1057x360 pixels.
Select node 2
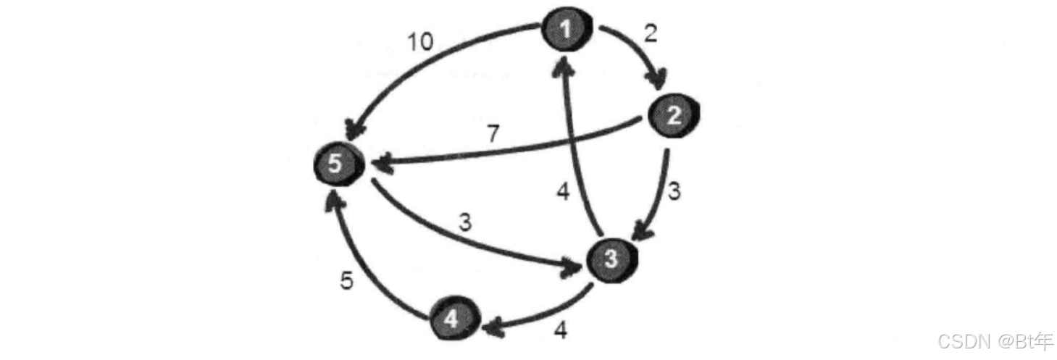click(674, 116)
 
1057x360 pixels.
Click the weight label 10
click(419, 42)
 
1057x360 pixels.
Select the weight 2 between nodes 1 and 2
click(651, 34)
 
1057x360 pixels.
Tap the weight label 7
click(493, 134)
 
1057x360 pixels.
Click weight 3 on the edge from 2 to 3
click(674, 191)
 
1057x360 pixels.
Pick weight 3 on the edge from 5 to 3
click(464, 223)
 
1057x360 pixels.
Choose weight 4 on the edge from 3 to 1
click(564, 193)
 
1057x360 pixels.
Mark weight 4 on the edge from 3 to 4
click(560, 330)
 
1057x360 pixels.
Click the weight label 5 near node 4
click(348, 281)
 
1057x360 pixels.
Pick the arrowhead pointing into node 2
click(660, 80)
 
